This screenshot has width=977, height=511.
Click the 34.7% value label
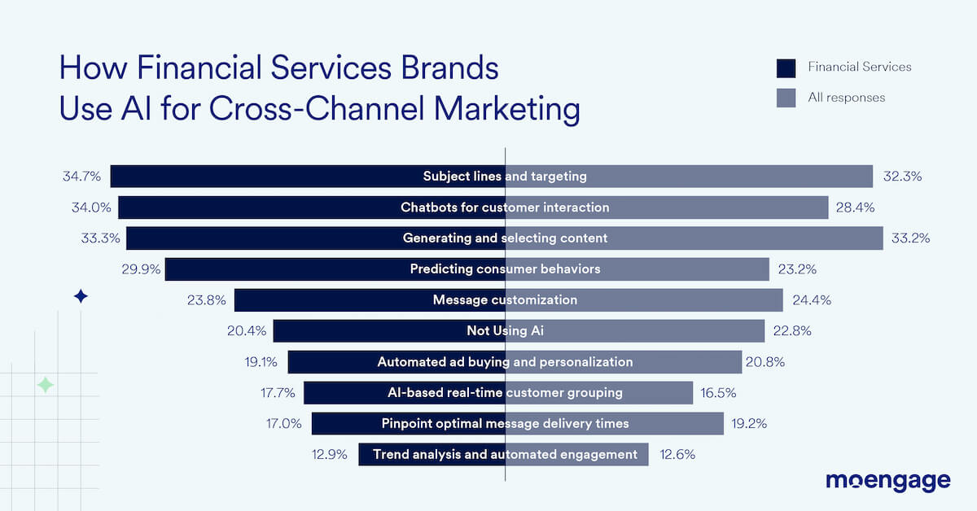click(x=81, y=176)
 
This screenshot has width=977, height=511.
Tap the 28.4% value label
click(x=855, y=207)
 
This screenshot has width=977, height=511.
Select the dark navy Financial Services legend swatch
click(x=786, y=67)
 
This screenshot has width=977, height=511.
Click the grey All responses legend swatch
click(x=786, y=98)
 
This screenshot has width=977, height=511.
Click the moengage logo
click(x=887, y=481)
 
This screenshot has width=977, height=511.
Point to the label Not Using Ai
click(x=505, y=331)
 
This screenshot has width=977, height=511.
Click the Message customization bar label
click(x=505, y=300)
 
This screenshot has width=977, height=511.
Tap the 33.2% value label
click(x=910, y=238)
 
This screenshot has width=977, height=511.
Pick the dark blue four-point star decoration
click(x=81, y=296)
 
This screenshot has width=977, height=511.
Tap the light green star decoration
click(x=46, y=386)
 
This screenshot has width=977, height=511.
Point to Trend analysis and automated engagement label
click(x=505, y=455)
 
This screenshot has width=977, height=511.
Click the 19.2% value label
click(x=748, y=424)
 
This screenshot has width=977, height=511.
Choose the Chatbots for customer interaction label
click(x=505, y=207)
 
